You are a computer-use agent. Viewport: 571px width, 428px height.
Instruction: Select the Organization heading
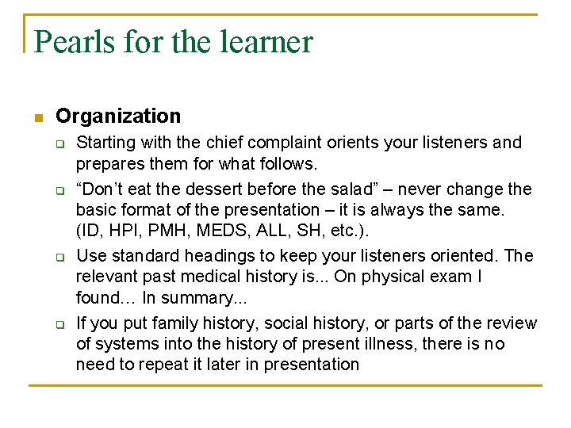point(118,117)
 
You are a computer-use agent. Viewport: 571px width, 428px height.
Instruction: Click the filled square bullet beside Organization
point(37,118)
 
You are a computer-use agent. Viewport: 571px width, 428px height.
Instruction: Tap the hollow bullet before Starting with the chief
point(59,144)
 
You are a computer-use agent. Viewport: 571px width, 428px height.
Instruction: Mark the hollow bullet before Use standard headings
point(59,258)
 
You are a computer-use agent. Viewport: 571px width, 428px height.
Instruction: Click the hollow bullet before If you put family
point(59,325)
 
